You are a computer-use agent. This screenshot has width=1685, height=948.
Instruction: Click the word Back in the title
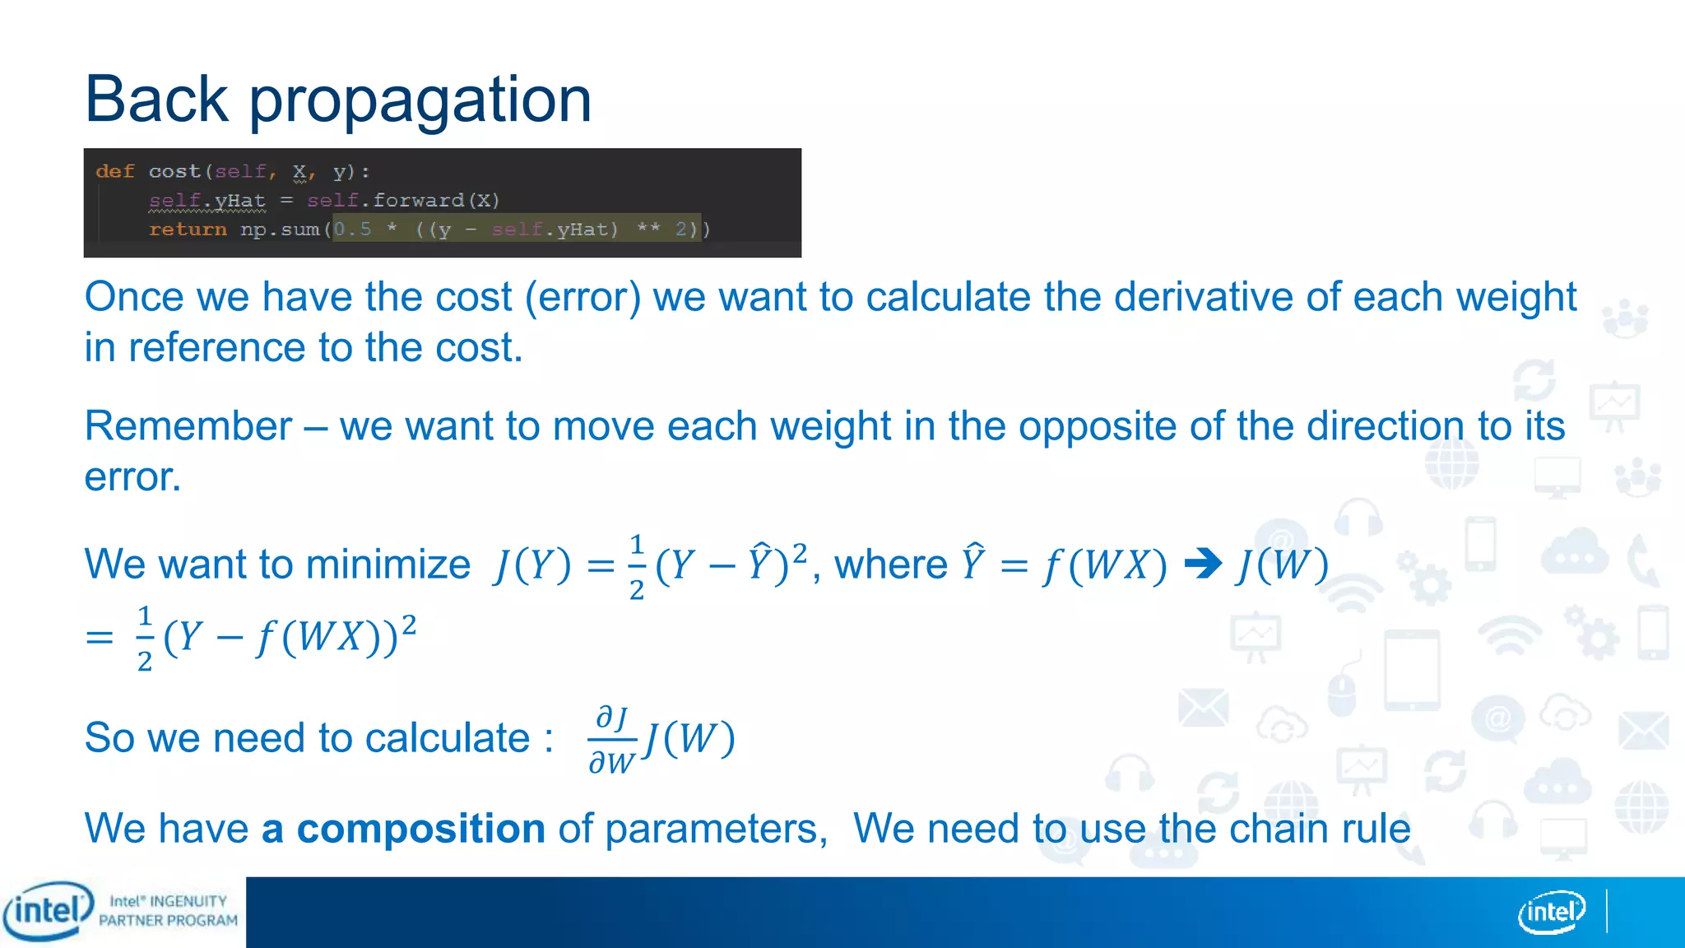click(156, 99)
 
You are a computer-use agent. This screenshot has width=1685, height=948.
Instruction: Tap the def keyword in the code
click(114, 171)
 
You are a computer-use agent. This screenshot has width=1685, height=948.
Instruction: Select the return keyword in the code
click(188, 230)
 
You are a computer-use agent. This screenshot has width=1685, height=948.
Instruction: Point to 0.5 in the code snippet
click(352, 230)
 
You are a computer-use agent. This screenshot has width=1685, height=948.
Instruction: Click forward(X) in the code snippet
click(436, 200)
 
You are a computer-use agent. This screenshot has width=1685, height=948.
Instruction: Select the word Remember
click(188, 426)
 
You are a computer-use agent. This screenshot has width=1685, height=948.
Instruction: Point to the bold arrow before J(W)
click(1203, 565)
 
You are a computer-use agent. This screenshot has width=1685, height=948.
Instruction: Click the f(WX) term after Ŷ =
click(1104, 566)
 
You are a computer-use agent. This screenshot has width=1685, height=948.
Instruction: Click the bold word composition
click(420, 828)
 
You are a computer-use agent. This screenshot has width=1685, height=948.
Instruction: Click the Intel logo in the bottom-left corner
click(48, 911)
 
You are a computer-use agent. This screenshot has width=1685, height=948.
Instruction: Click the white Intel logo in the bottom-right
click(1552, 912)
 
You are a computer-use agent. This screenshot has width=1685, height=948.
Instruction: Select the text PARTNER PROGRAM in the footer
click(168, 921)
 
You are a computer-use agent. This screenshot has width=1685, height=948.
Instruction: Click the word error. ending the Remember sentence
click(132, 477)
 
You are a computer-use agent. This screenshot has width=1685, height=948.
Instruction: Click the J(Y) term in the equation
click(532, 566)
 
